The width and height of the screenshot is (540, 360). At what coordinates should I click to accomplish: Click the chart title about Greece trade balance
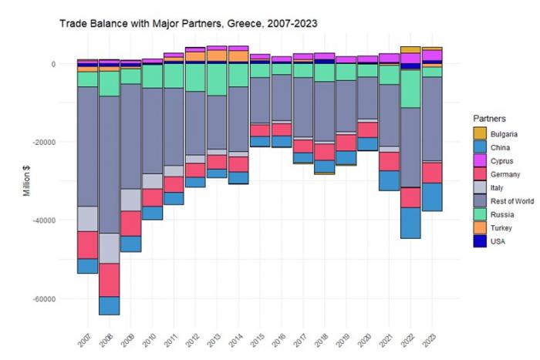pyautogui.click(x=189, y=24)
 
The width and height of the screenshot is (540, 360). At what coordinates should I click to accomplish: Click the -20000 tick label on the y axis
pyautogui.click(x=53, y=142)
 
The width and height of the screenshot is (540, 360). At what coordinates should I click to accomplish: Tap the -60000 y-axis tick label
pyautogui.click(x=53, y=298)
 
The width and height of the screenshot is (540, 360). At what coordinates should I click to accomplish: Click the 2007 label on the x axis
pyautogui.click(x=86, y=337)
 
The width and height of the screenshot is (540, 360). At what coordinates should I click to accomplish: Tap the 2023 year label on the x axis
pyautogui.click(x=432, y=337)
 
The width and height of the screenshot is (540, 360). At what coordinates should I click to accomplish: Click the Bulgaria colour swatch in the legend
pyautogui.click(x=480, y=133)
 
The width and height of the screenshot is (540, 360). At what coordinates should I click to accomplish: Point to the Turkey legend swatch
pyautogui.click(x=480, y=227)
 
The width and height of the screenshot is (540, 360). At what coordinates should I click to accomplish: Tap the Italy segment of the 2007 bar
pyautogui.click(x=87, y=219)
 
